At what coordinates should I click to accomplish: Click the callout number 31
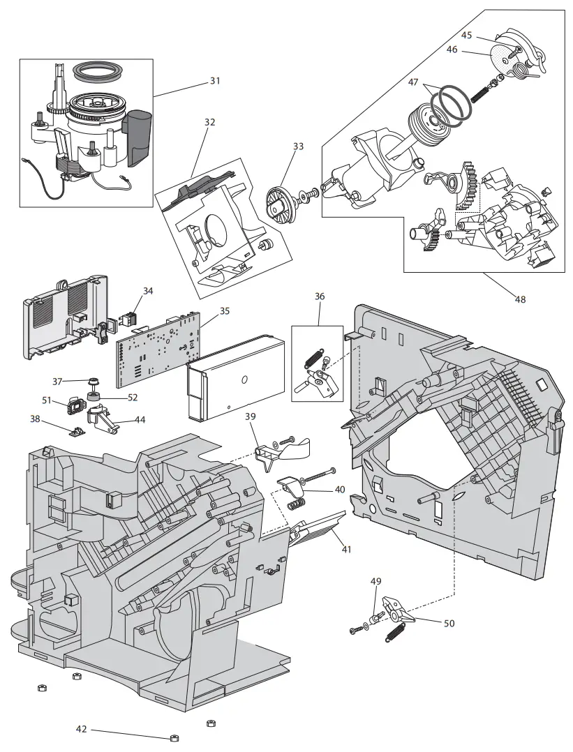coord(215,81)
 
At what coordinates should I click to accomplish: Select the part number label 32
coord(210,121)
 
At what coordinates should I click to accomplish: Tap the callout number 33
coord(298,146)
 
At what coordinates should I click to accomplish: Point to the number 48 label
coord(519,300)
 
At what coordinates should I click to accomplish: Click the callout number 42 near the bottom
coord(82,729)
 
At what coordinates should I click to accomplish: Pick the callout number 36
coord(320,296)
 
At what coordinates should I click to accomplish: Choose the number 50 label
coord(449,623)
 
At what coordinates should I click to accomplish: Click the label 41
coord(346,549)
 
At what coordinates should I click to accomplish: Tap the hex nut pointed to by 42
coord(174,739)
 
